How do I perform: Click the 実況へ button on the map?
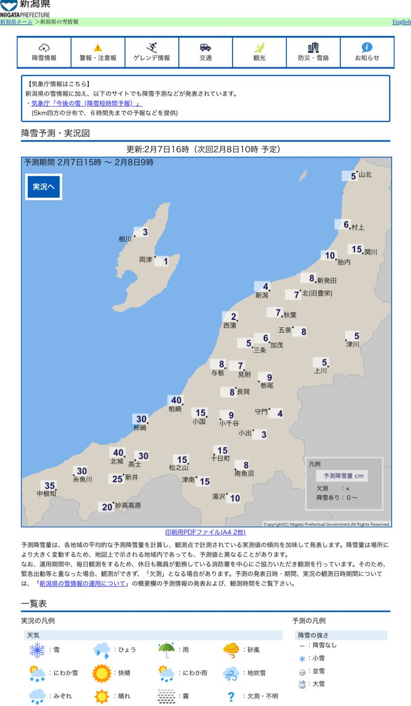point(44,187)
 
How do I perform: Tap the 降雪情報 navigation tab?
point(44,52)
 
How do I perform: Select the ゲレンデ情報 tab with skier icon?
point(152,52)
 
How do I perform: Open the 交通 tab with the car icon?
point(206,52)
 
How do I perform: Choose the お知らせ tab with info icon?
point(367,52)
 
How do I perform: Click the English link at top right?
point(402,22)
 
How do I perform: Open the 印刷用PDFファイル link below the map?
point(205,531)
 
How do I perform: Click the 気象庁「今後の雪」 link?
point(86,103)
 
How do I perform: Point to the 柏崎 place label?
point(175,409)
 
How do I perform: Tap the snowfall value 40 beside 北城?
point(117,452)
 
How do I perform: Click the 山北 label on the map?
point(365,174)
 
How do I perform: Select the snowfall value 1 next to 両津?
point(165,261)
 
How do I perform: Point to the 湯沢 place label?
point(219,497)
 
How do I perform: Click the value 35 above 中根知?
point(50,485)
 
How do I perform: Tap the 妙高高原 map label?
point(128,505)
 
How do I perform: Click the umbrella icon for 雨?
point(167,650)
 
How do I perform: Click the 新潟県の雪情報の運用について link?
point(82,584)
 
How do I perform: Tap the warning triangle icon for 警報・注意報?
point(98,48)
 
